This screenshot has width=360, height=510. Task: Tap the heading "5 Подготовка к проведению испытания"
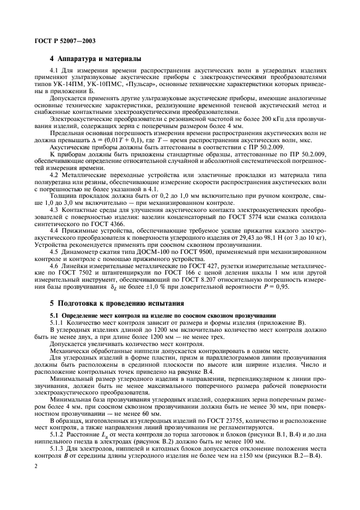coord(117,303)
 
